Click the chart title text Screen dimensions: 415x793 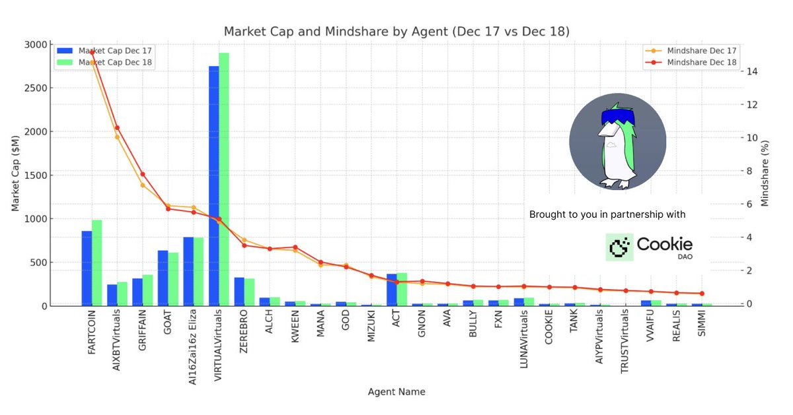397,32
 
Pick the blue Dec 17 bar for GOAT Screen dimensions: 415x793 163,278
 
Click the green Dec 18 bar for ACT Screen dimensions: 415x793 402,289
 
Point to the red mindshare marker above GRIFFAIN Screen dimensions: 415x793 142,174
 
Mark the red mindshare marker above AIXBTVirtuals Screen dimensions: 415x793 117,128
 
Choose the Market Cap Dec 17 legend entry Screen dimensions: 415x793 105,50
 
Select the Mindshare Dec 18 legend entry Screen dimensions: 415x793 695,62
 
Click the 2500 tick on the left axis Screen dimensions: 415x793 36,88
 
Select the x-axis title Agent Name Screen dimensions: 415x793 397,392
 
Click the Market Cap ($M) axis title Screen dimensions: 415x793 15,175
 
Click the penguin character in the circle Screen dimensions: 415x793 617,145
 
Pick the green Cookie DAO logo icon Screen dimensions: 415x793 619,247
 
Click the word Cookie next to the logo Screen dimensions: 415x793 664,243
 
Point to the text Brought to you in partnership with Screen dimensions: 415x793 607,214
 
